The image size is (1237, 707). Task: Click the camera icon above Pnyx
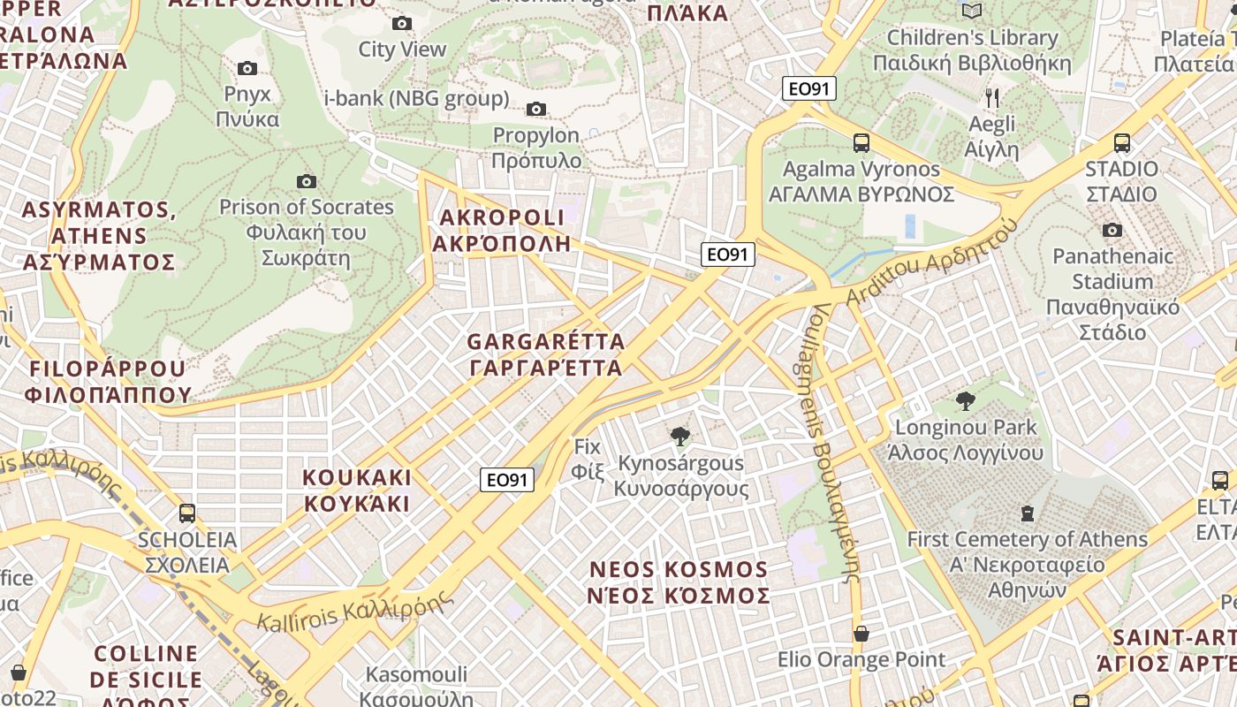pos(247,68)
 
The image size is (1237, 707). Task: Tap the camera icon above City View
pos(402,23)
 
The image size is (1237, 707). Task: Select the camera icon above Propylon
pos(535,110)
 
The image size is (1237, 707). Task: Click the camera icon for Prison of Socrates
pos(307,181)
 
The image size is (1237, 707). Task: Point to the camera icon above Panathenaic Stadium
pos(1112,231)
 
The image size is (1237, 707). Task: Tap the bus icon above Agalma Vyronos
pos(861,142)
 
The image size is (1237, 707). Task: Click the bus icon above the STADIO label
pos(1122,142)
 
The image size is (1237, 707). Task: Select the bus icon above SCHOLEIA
pos(187,513)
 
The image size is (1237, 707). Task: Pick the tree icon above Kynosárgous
pos(679,437)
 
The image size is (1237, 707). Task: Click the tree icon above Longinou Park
pos(965,401)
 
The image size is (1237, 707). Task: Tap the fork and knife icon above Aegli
pos(992,97)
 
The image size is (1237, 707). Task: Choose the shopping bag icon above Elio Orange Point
pos(861,634)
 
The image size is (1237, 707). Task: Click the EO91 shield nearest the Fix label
pos(508,480)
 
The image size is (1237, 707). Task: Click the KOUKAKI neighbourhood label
pos(357,490)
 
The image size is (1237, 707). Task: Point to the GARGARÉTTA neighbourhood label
pos(546,353)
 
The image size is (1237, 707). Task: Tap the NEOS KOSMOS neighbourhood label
pos(679,582)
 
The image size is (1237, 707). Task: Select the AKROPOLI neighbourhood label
pos(502,230)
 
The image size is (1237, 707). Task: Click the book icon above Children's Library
pos(972,11)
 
